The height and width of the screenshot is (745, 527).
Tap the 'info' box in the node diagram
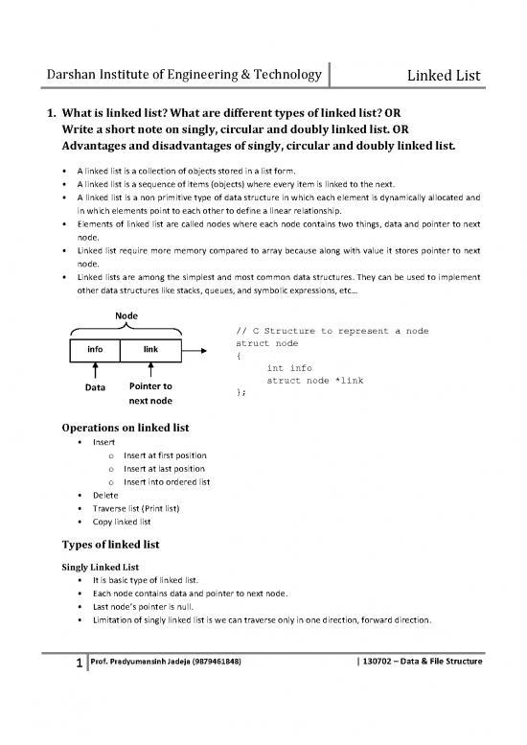[96, 350]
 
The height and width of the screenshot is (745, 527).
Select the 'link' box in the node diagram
[150, 350]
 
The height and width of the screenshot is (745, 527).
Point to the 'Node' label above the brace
[126, 314]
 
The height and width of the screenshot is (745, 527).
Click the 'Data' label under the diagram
[96, 388]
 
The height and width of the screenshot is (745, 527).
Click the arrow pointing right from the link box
[197, 350]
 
